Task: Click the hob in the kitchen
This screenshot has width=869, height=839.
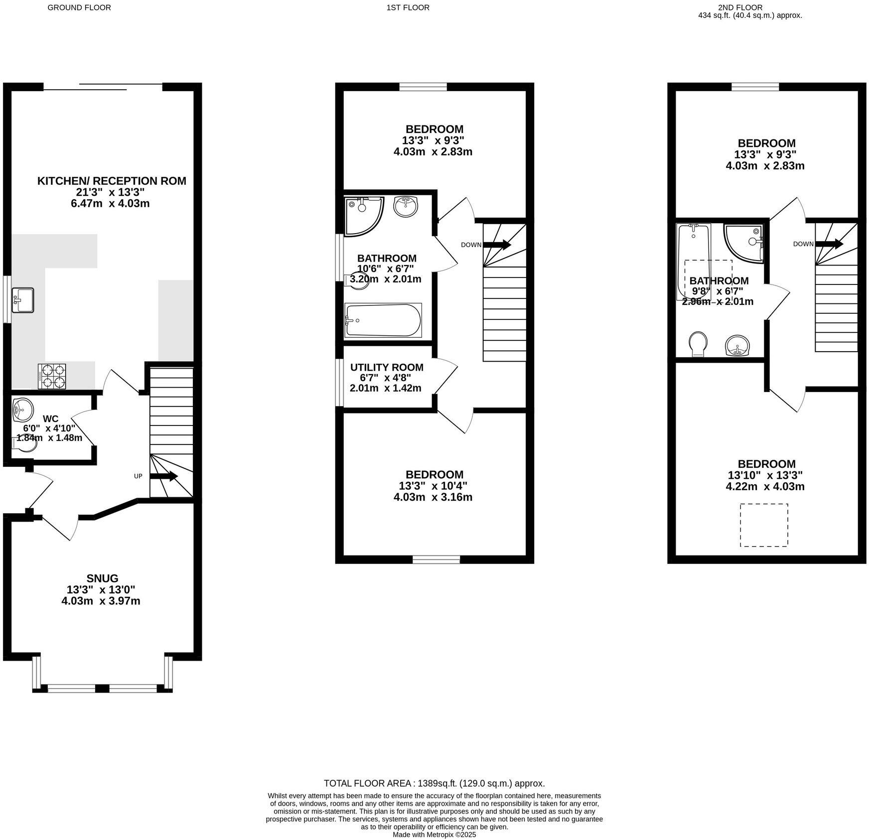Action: [52, 376]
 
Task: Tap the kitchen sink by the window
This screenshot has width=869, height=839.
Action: [22, 300]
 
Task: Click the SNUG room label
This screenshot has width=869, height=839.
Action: [102, 578]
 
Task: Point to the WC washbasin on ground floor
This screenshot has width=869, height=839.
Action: [22, 410]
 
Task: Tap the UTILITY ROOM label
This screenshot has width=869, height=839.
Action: [386, 367]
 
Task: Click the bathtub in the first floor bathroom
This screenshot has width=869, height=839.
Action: [383, 320]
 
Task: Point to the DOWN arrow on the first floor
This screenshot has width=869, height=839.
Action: [497, 245]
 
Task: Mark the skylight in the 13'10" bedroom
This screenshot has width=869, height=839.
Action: [763, 525]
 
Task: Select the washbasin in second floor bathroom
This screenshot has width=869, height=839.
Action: [737, 345]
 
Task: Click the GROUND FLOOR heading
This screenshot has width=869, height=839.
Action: [79, 7]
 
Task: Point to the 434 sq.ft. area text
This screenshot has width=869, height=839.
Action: [750, 15]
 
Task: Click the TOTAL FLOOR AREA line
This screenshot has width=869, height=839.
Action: [434, 783]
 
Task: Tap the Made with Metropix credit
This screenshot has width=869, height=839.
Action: [434, 835]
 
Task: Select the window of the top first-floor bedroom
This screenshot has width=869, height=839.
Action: [423, 87]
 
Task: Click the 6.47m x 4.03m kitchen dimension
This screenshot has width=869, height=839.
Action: [110, 203]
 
